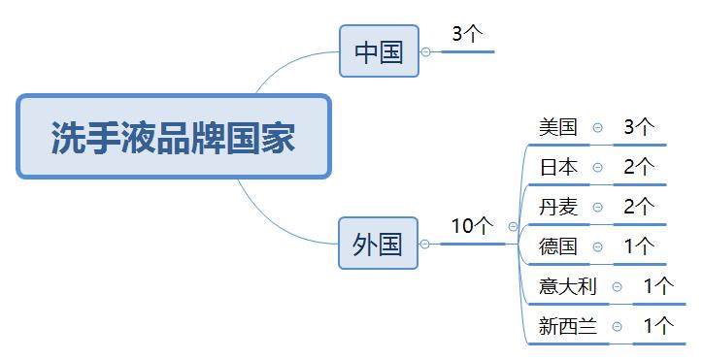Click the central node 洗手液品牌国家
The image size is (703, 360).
tap(173, 137)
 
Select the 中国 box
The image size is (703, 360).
tap(379, 50)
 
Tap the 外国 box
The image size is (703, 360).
tap(378, 243)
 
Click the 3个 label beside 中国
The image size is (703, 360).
tap(467, 34)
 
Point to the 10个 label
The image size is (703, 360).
tap(472, 225)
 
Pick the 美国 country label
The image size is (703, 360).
tap(558, 126)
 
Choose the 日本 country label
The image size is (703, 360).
tap(558, 167)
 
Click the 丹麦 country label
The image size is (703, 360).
tap(558, 206)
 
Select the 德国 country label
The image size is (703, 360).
tap(558, 245)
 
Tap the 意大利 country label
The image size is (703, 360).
tap(568, 286)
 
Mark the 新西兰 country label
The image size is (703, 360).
tap(568, 326)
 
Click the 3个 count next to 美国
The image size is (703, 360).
tap(639, 126)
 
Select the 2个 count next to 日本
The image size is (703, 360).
tap(639, 167)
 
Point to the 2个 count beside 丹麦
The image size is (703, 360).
tap(639, 206)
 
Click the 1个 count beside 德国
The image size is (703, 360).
tap(639, 245)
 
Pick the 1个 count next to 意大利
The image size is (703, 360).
tap(658, 286)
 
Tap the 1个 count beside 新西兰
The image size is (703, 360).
tap(658, 326)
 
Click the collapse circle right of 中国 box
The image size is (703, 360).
tap(425, 51)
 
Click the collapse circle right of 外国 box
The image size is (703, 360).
tap(424, 244)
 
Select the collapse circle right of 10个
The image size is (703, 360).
tap(513, 226)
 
